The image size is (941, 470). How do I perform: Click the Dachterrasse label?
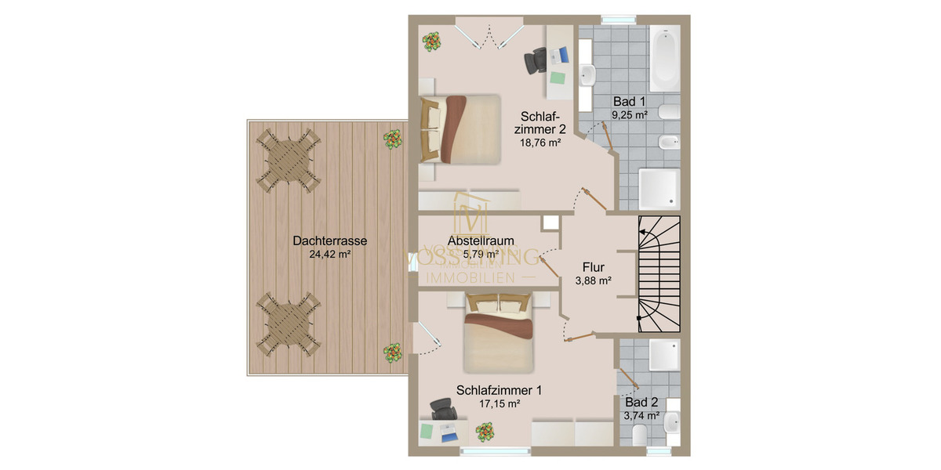[330, 241]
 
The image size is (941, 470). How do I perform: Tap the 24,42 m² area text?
[330, 254]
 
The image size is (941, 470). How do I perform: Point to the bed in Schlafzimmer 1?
[499, 332]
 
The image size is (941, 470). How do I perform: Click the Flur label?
[594, 266]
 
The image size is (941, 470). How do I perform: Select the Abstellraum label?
[481, 241]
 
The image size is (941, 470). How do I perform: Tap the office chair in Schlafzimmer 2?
[537, 60]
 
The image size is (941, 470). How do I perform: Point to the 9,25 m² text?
[630, 114]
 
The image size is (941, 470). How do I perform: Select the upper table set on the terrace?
[289, 160]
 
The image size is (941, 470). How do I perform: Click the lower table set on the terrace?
[289, 325]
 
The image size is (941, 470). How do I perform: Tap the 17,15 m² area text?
[499, 403]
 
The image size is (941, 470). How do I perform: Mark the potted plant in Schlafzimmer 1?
[486, 432]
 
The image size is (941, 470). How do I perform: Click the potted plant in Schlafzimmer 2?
[432, 41]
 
